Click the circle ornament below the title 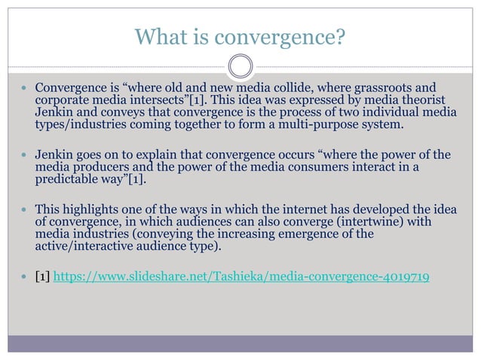pos(240,66)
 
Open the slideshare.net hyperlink pos(241,278)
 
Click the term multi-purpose pos(308,124)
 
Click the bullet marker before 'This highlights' pos(23,209)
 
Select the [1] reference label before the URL pos(42,278)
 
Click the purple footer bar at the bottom pos(240,343)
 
